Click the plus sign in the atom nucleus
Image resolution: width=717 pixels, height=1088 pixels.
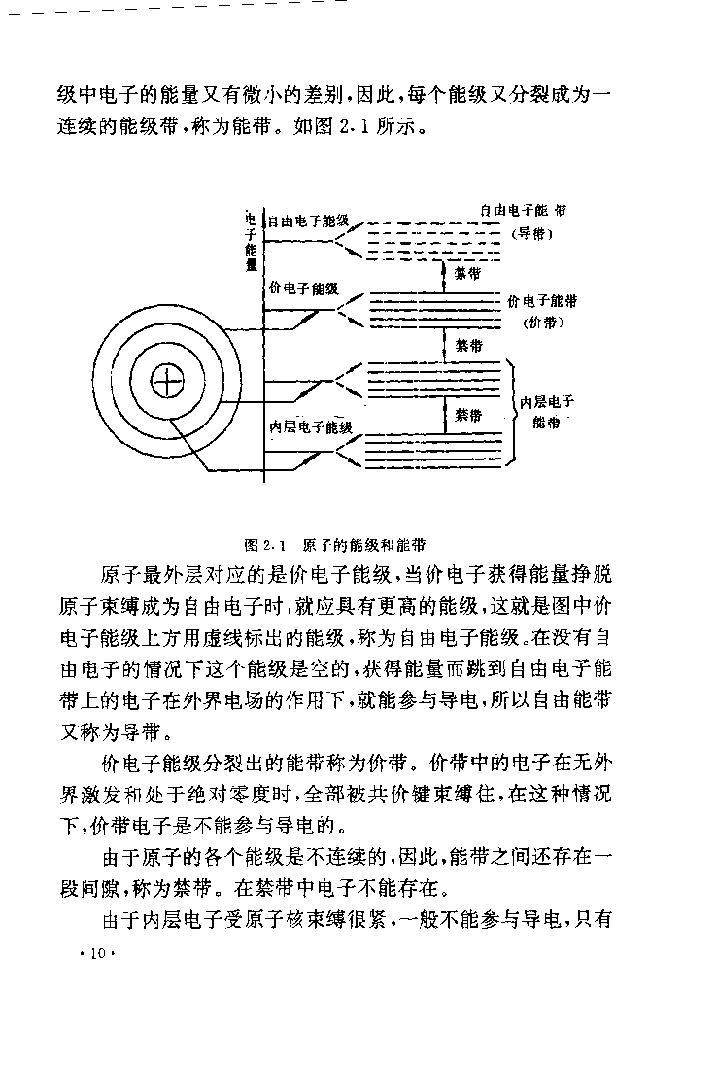click(x=167, y=382)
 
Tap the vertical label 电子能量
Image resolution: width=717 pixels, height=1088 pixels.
click(x=252, y=241)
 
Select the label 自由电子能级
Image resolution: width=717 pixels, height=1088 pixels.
click(x=307, y=221)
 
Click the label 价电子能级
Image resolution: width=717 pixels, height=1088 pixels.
click(x=304, y=288)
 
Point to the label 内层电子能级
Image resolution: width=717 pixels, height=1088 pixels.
click(x=310, y=426)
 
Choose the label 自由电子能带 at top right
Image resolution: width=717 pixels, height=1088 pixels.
click(x=523, y=210)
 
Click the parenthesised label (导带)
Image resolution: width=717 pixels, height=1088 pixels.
click(x=531, y=233)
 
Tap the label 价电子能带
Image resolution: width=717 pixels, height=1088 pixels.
click(x=542, y=300)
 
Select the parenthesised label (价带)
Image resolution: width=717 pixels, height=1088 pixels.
click(x=542, y=322)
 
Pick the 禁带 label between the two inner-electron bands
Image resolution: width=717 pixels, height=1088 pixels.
click(x=468, y=415)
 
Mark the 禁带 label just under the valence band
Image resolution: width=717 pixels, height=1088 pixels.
click(x=468, y=345)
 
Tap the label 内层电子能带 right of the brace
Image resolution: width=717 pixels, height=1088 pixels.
click(x=547, y=412)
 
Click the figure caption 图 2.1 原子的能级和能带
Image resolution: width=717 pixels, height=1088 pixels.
click(x=335, y=545)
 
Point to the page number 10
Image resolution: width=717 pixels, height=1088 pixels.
click(x=97, y=953)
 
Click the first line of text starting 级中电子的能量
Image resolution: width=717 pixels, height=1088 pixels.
click(x=334, y=94)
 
